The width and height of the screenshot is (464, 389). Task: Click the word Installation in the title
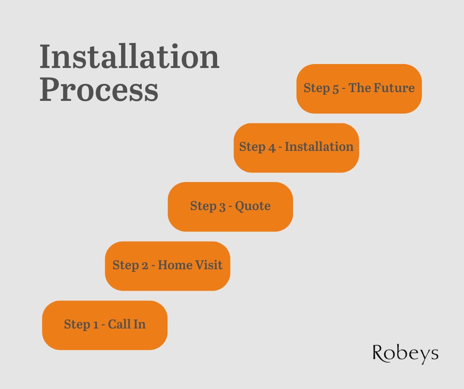(x=129, y=57)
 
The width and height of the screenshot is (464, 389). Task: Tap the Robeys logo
(x=405, y=353)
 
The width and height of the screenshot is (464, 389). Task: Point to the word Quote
(x=253, y=206)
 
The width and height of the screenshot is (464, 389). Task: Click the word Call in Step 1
(x=119, y=324)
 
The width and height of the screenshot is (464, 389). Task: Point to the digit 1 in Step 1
(x=96, y=325)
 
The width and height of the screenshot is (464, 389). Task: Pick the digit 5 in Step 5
(x=336, y=89)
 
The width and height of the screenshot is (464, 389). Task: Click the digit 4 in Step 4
(x=271, y=147)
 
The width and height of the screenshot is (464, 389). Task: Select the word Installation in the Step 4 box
(x=319, y=146)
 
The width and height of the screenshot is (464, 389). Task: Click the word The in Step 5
(x=360, y=88)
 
